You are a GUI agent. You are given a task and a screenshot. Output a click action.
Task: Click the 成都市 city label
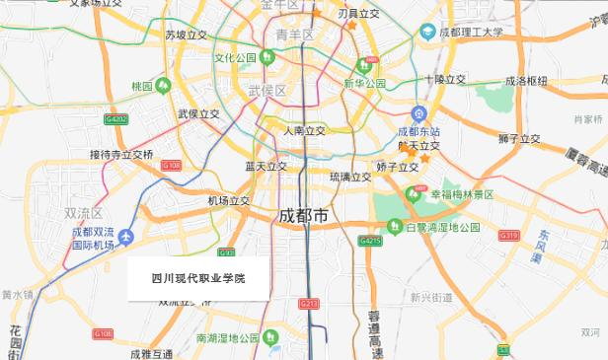coord(304,216)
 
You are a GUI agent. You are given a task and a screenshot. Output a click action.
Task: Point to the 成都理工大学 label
coord(470,32)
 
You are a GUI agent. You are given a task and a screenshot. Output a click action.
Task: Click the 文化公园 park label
coord(236,57)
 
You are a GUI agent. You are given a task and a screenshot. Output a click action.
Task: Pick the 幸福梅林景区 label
coord(461,195)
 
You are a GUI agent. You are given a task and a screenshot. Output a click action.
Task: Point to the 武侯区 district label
coord(266,91)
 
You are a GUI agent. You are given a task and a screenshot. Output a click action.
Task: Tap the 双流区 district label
coord(84,213)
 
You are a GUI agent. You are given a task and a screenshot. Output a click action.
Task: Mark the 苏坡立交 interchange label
coord(186,35)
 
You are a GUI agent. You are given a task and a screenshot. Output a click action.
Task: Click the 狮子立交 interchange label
coord(519,139)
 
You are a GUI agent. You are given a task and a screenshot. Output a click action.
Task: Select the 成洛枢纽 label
coord(526,82)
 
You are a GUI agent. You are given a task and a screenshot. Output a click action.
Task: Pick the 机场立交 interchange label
coord(228,201)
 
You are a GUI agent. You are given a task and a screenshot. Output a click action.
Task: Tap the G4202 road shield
coord(115,119)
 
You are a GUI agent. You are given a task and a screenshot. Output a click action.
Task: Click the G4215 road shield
coord(370,240)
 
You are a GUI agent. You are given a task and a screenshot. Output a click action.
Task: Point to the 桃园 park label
coord(143,86)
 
